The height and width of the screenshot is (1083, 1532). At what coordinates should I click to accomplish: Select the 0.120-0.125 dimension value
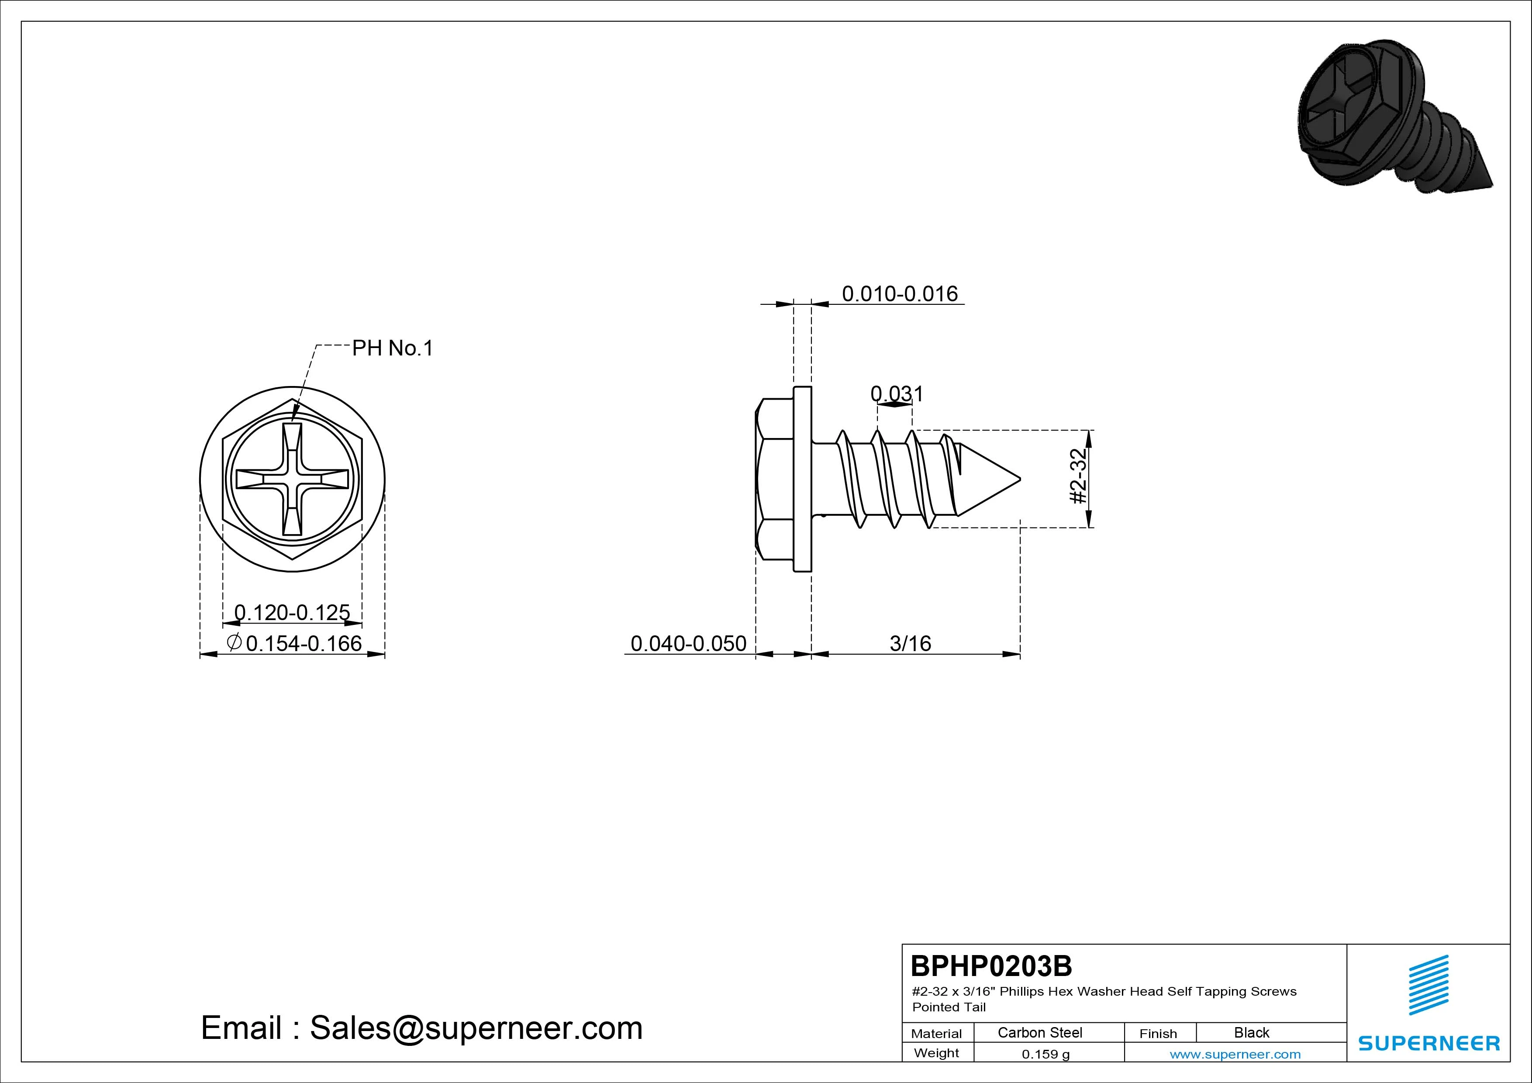pyautogui.click(x=292, y=612)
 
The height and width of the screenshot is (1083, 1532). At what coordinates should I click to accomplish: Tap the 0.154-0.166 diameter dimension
pyautogui.click(x=294, y=643)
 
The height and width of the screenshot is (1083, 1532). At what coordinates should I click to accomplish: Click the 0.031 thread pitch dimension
pyautogui.click(x=897, y=394)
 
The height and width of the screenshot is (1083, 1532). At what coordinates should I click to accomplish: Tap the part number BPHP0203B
pyautogui.click(x=991, y=966)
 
